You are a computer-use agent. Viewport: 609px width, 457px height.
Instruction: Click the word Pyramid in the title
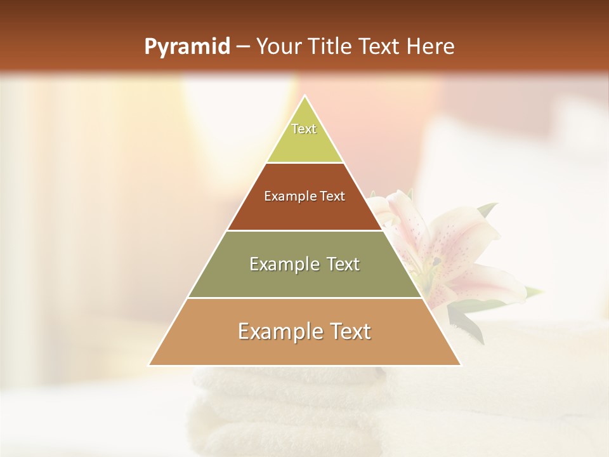(187, 47)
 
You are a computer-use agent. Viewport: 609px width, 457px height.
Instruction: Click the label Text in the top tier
(304, 129)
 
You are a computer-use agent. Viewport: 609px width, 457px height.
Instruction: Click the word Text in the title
(383, 47)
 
